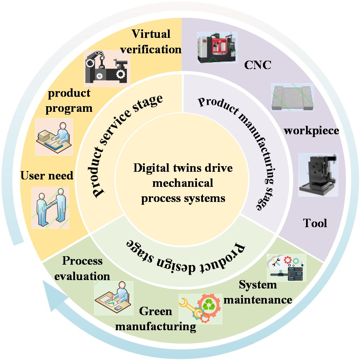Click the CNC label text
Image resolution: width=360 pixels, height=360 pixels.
258,65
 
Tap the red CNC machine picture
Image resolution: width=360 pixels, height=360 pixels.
217,48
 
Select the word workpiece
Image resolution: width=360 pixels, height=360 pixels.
311,131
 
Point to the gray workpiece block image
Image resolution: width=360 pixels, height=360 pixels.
292,97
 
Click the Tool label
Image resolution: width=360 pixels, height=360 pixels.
315,223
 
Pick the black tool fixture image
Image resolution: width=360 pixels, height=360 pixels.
318,175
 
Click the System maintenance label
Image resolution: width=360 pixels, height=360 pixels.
258,292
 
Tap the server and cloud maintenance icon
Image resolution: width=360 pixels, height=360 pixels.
286,268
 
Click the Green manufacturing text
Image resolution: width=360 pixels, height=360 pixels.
156,319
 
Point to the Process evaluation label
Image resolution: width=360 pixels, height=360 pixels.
82,269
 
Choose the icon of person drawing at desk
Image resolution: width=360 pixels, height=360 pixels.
114,298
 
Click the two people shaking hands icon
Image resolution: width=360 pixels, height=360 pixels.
50,208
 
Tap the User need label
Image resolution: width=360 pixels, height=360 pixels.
47,176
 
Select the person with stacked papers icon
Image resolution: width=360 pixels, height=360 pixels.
54,137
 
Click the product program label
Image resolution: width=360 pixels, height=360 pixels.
69,101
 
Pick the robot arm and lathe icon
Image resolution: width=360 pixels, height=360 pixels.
107,68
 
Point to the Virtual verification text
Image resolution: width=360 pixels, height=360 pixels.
151,42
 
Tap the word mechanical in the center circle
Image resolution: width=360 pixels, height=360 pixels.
183,183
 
